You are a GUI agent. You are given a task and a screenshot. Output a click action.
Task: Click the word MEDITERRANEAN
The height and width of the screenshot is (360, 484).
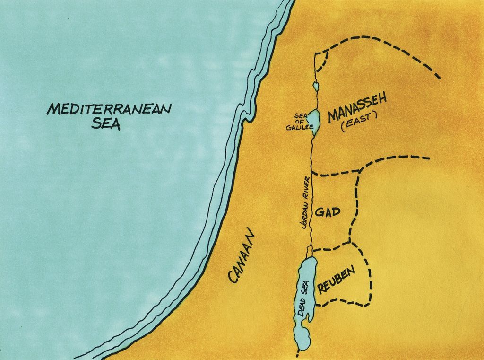click(x=109, y=109)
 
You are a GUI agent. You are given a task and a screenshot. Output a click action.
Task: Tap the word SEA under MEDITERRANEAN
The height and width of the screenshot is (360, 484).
click(x=106, y=124)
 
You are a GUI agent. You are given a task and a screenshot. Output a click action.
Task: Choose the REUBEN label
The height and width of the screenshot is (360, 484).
click(x=337, y=280)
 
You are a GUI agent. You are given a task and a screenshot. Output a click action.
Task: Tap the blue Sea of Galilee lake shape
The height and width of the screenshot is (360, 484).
click(x=314, y=119)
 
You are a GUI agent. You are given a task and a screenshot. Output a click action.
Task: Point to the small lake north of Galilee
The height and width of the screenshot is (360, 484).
click(x=315, y=87)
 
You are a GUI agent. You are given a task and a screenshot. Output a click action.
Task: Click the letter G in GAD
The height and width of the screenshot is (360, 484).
click(x=319, y=213)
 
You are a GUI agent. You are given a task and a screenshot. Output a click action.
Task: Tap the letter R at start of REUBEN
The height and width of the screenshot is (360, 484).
click(x=322, y=287)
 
